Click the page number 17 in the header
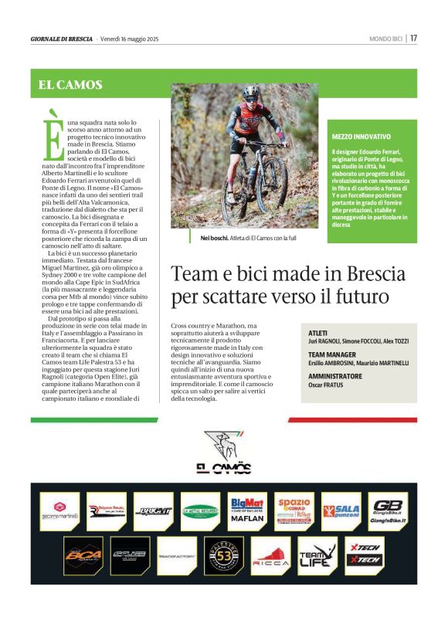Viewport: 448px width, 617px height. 414,38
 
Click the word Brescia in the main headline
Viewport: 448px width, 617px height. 364,274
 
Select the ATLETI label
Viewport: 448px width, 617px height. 318,333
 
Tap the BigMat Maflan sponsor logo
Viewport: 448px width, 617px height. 248,510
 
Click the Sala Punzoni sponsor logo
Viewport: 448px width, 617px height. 341,510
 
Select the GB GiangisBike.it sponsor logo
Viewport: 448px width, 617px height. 388,510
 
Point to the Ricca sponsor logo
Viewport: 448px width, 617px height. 270,557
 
